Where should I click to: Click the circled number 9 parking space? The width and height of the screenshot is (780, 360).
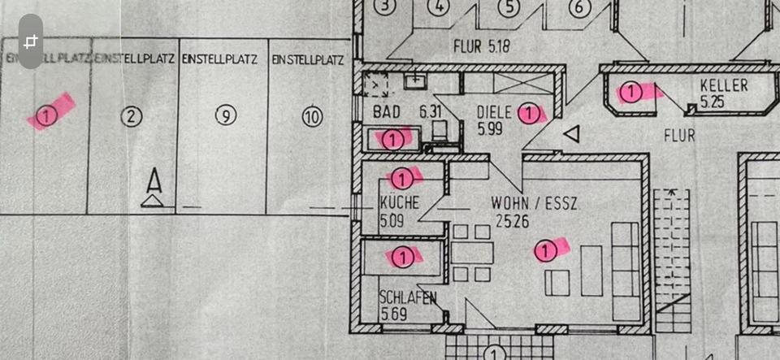pos(225,115)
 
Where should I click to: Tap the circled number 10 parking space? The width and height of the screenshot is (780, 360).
pos(312,117)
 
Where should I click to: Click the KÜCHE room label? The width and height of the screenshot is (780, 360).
pos(399,203)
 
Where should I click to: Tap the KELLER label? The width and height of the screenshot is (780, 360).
pos(724,86)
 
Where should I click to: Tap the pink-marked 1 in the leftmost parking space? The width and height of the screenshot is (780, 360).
pos(46,115)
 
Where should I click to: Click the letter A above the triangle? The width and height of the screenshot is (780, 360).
pos(152,179)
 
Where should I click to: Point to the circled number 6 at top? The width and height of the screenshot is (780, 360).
pos(578,8)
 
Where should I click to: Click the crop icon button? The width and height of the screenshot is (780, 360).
pos(30,41)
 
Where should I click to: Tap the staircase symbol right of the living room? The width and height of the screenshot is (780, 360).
pos(671,260)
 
